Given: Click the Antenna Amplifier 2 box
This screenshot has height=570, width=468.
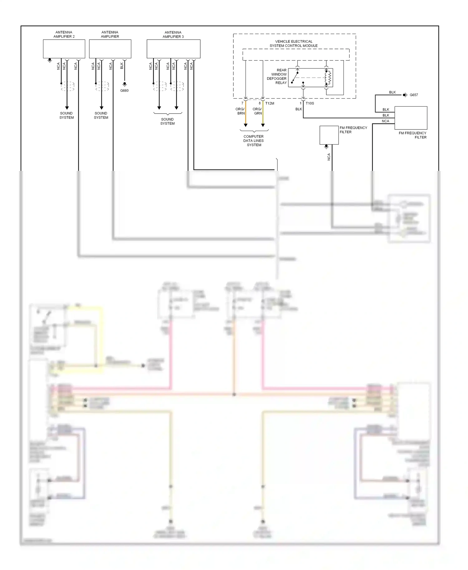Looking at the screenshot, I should pos(64,49).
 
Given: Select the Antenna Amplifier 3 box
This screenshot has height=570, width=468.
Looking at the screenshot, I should pos(173,49).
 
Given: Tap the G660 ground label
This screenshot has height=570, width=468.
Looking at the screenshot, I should pos(124,91).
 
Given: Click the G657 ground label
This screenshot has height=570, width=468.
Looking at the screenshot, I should pos(414,95).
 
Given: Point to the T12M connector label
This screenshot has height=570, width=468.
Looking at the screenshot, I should pos(270,103).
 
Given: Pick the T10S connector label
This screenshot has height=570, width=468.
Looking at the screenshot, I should pos(310,103).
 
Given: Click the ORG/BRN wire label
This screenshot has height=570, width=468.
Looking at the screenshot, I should pos(240,111).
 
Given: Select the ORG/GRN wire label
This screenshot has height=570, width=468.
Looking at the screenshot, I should pos(257,111).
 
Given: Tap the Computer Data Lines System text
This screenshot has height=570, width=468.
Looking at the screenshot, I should pos(254,141).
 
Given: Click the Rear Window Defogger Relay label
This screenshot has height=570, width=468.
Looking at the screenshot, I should pos(277,76).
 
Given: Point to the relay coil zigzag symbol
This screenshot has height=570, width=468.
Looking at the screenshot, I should pos(328,78).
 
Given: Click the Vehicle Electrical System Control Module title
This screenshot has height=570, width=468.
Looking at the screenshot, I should pos(294,43).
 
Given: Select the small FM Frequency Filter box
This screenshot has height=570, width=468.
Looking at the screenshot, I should pos(329,135).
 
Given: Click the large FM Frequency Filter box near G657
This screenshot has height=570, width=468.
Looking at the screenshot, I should pos(411,118).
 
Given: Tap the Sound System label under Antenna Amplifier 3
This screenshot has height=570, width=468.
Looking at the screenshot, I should pos(168,121).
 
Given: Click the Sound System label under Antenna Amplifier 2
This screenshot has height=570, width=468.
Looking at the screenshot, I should pos(66,115).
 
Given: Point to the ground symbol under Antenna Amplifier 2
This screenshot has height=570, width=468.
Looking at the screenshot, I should pos(50,60).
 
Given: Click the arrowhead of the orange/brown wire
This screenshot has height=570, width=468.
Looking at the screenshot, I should pos(246,125).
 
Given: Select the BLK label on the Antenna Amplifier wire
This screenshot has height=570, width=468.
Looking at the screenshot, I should pos(122,65).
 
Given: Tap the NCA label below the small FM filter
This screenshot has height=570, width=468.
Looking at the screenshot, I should pos(329,157).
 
